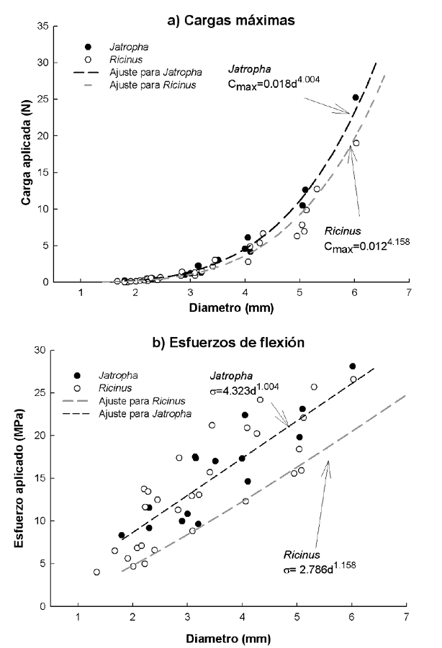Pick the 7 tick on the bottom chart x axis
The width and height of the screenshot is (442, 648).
(407, 618)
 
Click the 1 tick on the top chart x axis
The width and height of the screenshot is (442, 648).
(81, 293)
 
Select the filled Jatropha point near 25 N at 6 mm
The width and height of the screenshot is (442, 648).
(356, 97)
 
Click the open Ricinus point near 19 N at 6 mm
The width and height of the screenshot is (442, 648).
(356, 143)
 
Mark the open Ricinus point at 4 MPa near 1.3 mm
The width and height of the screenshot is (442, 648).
(96, 572)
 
